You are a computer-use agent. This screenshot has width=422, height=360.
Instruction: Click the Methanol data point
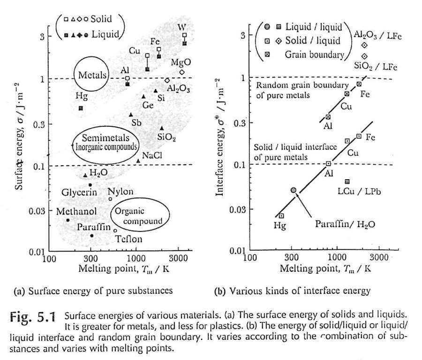pos(68,220)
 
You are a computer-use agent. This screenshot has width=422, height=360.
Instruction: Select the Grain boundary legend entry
pos(314,54)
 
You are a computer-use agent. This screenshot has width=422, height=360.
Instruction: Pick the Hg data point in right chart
pos(281,216)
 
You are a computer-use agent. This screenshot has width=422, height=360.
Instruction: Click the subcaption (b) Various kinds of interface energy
pos(292,291)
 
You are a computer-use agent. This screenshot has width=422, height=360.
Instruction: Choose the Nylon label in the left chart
pos(120,191)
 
